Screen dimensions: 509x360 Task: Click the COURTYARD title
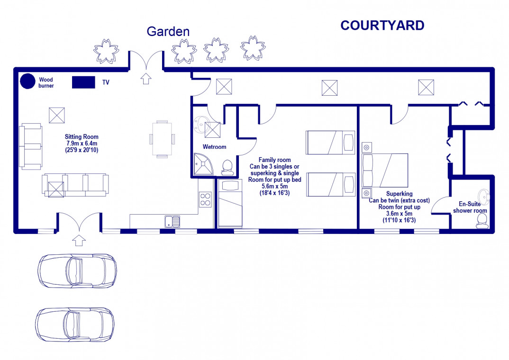tap(382, 26)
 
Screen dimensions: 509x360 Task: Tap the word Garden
tap(168, 31)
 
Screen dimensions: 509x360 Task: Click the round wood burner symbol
tap(27, 81)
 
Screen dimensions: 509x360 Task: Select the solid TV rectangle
tap(83, 82)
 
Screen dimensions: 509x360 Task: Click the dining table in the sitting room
tap(162, 139)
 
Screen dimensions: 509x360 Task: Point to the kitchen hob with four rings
tap(205, 199)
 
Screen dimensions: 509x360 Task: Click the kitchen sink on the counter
tap(173, 222)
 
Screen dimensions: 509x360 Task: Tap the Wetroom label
tap(214, 147)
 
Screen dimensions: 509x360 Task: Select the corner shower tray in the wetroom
tap(203, 164)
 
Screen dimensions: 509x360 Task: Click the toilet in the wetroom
tap(227, 168)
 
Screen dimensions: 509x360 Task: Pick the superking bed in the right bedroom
tap(385, 170)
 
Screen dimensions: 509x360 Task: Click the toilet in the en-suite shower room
tap(482, 221)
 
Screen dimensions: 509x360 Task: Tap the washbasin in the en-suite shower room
tap(484, 197)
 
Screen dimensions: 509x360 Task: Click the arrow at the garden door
tap(146, 79)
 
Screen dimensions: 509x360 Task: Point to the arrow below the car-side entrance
tap(79, 240)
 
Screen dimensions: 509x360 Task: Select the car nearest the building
tap(77, 271)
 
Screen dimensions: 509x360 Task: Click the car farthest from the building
tap(75, 324)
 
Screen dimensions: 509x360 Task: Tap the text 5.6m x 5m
tap(274, 187)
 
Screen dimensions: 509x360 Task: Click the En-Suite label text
tap(470, 204)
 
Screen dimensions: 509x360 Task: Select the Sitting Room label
tap(82, 137)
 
